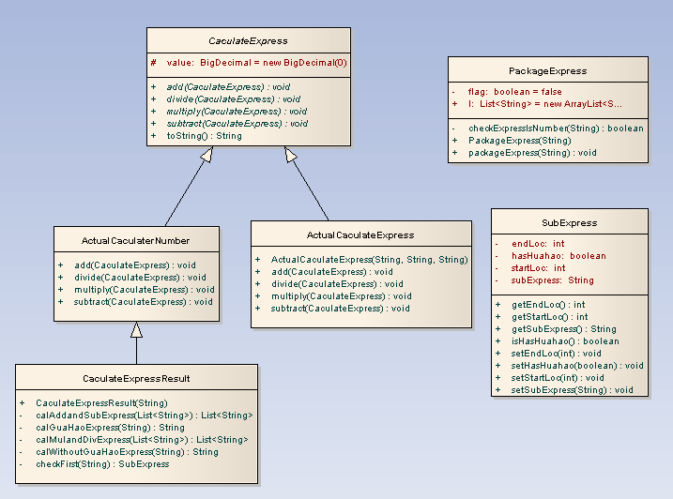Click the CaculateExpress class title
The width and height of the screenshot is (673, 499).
point(248,41)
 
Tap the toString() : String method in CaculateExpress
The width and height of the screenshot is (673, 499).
point(204,136)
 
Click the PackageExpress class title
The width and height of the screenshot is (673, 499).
point(547,70)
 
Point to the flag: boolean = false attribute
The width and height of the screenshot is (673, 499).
point(514,92)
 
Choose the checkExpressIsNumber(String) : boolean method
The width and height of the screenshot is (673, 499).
point(556,129)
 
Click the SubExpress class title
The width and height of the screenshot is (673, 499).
point(570,223)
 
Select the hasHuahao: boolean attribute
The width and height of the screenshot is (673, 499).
point(558,256)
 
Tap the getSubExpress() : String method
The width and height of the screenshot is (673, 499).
point(563,329)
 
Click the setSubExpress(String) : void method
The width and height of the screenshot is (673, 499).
point(572,390)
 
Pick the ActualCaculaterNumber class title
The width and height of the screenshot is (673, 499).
point(135,241)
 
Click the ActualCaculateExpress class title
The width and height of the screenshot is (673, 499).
point(360,234)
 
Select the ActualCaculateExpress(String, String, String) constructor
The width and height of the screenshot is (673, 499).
point(369,260)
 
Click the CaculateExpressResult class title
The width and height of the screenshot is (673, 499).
point(136,379)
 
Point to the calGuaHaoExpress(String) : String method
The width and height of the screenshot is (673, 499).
point(110,428)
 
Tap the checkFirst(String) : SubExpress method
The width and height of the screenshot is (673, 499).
point(102,464)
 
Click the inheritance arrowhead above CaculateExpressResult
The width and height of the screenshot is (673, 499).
point(136,330)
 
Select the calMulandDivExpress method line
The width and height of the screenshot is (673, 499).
point(141,440)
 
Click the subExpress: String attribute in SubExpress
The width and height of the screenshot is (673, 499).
point(552,280)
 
